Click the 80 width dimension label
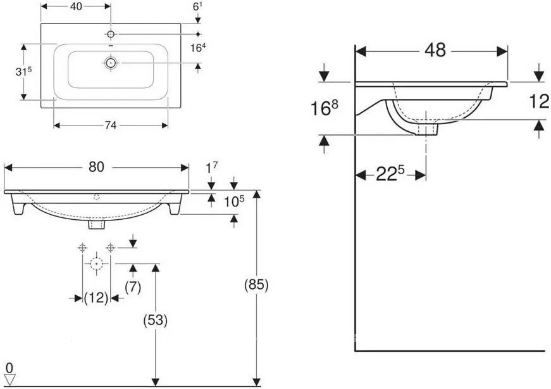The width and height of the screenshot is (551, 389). (x=96, y=167)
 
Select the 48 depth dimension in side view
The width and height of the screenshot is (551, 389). (x=435, y=50)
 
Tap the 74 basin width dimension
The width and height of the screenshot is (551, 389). (x=110, y=125)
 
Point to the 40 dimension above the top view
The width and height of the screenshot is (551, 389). (x=76, y=6)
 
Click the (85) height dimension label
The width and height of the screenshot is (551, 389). (x=256, y=284)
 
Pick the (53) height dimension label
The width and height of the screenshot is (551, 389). (x=156, y=320)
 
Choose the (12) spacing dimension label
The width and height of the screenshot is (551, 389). (x=96, y=298)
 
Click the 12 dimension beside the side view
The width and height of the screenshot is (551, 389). (x=539, y=101)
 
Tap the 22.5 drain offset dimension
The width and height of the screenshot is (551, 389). (x=390, y=173)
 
